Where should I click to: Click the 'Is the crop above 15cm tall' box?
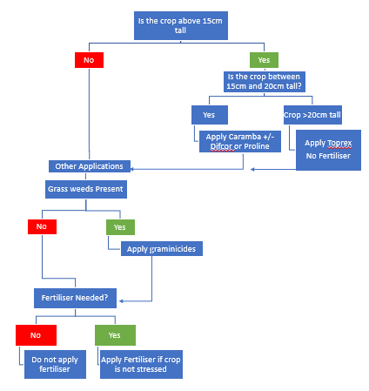tap(181, 25)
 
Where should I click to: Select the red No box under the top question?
tap(89, 60)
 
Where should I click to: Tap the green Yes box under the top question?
tap(264, 60)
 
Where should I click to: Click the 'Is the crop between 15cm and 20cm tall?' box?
tap(265, 82)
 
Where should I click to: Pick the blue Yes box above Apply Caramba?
tap(210, 115)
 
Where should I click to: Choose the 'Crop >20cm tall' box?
tap(312, 115)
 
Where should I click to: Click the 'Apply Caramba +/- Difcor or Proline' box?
tap(240, 142)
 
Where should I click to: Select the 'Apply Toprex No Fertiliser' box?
tap(328, 150)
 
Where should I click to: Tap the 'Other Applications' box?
tap(90, 166)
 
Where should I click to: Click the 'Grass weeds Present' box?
tap(86, 189)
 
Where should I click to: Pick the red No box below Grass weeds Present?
tap(42, 226)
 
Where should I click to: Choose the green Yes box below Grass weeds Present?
tap(120, 227)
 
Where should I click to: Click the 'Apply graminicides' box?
tap(162, 249)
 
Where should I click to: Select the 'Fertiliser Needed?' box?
tap(75, 298)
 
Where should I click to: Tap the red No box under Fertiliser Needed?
tap(36, 335)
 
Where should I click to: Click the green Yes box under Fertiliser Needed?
tap(115, 335)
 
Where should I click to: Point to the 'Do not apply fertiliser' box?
tap(55, 364)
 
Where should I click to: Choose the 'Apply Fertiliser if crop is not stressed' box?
tap(141, 364)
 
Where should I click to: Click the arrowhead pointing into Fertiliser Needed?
tap(121, 301)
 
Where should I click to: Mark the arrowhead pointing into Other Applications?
tap(132, 169)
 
